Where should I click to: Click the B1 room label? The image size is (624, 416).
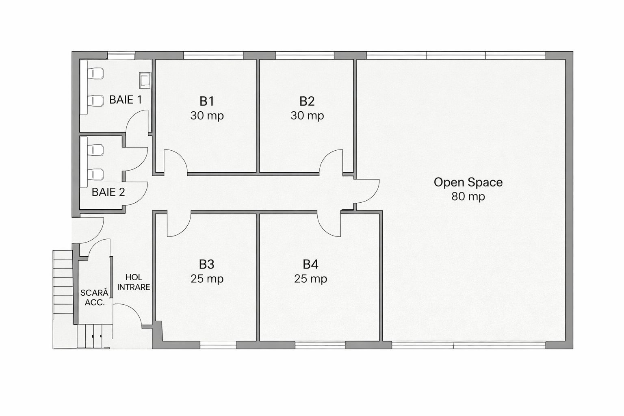[x=206, y=101]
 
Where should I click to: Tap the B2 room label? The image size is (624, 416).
[x=307, y=101]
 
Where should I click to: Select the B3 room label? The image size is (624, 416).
[x=206, y=264]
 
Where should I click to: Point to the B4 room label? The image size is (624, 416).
[x=310, y=264]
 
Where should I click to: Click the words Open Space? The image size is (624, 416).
[x=468, y=182]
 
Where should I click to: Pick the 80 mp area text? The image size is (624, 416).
[x=468, y=197]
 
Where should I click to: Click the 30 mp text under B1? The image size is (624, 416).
[x=207, y=116]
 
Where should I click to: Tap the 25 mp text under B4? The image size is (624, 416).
[x=310, y=279]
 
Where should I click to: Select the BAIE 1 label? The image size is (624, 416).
[x=126, y=100]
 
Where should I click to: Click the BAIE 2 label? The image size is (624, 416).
[x=108, y=192]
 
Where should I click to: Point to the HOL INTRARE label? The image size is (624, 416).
[x=134, y=282]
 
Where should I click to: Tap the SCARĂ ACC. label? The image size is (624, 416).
[x=95, y=297]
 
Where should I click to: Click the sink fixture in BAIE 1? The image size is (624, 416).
[x=145, y=80]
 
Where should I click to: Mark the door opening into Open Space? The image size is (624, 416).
[x=368, y=191]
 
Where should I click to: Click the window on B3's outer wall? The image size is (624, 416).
[x=218, y=345]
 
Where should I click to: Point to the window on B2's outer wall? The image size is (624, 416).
[x=305, y=55]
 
